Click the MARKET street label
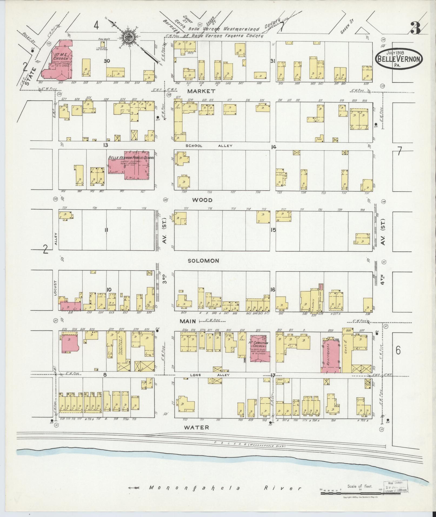click(x=202, y=91)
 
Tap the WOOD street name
click(x=202, y=200)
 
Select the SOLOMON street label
click(x=203, y=261)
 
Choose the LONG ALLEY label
click(x=209, y=375)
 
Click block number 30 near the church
click(x=107, y=61)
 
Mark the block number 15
click(x=273, y=230)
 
